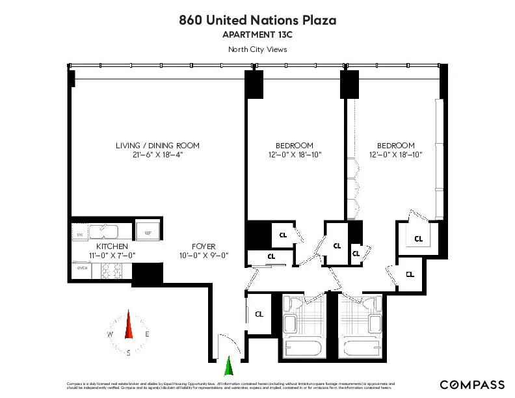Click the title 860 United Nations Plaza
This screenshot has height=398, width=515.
[x=257, y=20]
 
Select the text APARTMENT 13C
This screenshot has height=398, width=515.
[x=257, y=35]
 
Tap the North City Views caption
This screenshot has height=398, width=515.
[x=257, y=49]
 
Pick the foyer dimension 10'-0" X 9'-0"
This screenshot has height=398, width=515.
[x=204, y=256]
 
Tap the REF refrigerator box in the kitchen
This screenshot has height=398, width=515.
[x=148, y=231]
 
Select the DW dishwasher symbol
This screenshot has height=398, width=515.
[x=80, y=234]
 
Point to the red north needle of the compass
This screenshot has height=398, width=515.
[x=129, y=325]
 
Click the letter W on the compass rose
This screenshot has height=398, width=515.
[x=110, y=334]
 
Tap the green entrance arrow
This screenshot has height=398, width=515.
[x=228, y=367]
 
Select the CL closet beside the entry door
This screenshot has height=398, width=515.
[x=259, y=314]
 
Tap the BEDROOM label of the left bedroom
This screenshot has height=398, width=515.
[x=295, y=145]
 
